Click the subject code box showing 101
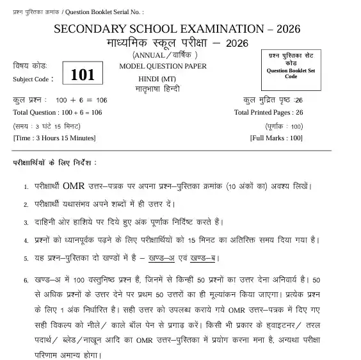pos(83,74)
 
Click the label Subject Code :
pos(33,79)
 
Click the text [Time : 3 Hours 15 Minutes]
pos(54,138)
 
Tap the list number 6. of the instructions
pos(26,281)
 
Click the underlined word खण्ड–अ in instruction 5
pos(161,258)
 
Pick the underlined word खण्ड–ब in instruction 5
pos(204,258)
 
